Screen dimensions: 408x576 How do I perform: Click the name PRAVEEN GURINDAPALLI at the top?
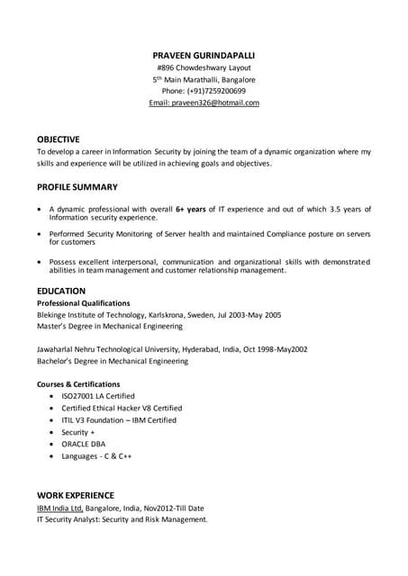pos(204,55)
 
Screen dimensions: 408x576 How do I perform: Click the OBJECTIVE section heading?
pos(58,139)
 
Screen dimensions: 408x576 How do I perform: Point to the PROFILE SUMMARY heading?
pos(77,187)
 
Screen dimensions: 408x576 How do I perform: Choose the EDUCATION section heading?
pos(61,291)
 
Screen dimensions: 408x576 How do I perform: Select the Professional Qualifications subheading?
pos(83,303)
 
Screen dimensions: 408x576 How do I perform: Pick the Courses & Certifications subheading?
pos(78,383)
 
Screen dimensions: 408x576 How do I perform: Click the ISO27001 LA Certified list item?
pos(97,396)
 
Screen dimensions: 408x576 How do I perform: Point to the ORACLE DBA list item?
pos(83,445)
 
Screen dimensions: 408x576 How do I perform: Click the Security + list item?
pos(77,432)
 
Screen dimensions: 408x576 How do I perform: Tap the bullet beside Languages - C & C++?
pos(51,456)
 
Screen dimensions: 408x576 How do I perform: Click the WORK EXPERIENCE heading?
pos(75,495)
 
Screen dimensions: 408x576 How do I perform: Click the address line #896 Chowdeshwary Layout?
pos(204,67)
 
